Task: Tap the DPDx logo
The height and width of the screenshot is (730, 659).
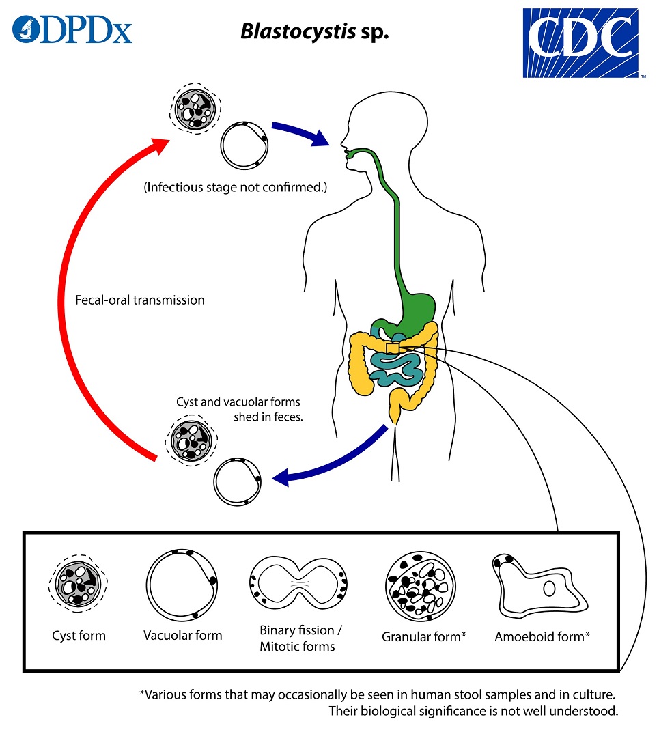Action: click(72, 29)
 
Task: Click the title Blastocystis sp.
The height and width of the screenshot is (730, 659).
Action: click(314, 32)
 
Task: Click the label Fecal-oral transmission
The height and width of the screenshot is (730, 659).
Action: click(140, 300)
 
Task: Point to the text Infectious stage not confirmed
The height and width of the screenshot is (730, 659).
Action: click(235, 187)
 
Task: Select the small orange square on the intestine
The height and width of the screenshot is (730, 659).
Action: click(393, 349)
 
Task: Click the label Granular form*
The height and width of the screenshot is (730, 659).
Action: click(423, 637)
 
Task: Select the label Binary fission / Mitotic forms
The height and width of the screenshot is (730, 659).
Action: click(298, 638)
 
